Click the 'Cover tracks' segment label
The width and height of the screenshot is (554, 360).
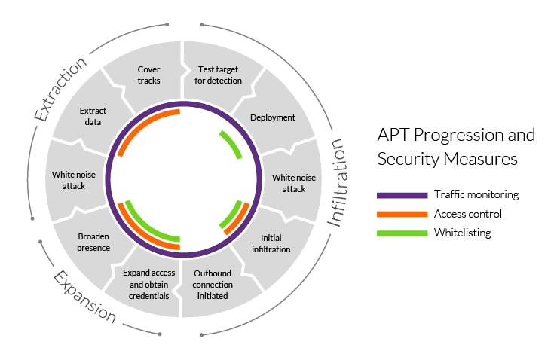(x=148, y=75)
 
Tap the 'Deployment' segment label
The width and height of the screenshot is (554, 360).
(x=272, y=117)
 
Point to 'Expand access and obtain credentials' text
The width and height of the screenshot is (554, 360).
(x=148, y=284)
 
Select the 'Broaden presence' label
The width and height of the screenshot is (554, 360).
(x=93, y=242)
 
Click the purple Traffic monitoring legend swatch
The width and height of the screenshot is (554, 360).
(x=401, y=195)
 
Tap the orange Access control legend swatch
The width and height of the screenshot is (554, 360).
(x=401, y=214)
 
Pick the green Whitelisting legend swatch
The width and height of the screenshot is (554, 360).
(x=401, y=233)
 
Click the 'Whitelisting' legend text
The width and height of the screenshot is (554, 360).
(x=462, y=233)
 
